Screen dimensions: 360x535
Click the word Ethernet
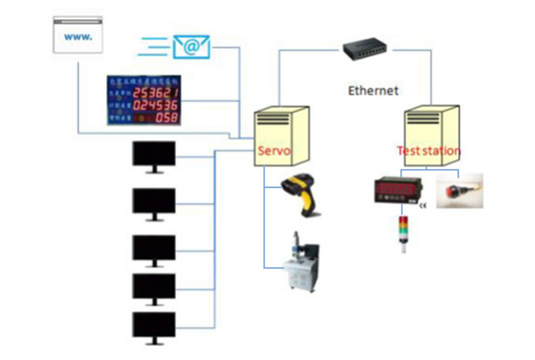(373, 91)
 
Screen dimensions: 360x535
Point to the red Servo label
(274, 151)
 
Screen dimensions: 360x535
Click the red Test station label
(429, 151)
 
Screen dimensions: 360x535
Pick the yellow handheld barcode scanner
(301, 194)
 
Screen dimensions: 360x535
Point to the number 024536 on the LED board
(158, 105)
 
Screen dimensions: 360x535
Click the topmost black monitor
(154, 155)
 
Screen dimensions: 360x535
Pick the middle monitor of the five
(154, 249)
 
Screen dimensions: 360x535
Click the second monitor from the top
(154, 202)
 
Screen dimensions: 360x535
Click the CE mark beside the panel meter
(424, 206)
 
